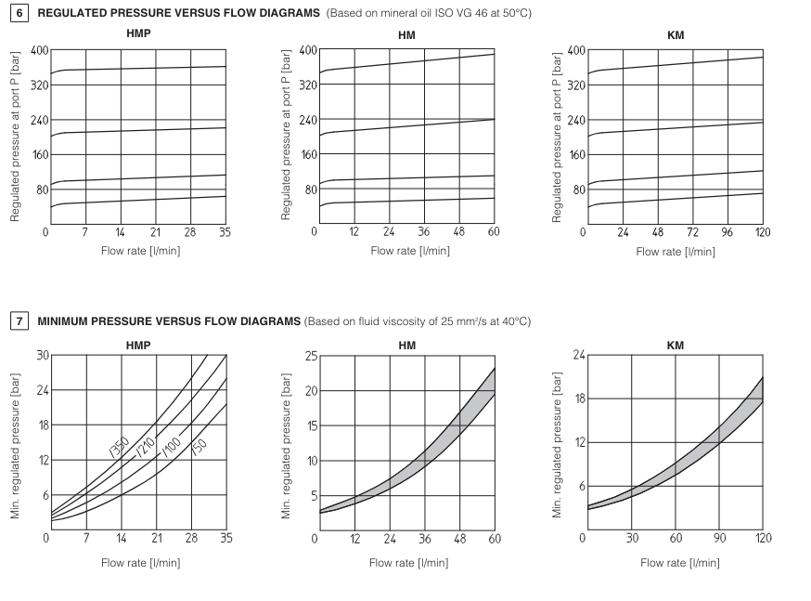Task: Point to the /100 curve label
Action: (x=173, y=446)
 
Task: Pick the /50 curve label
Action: (x=198, y=446)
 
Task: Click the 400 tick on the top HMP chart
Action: (x=39, y=50)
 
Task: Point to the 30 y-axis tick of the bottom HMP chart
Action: (x=42, y=356)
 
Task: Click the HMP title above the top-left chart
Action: (x=137, y=33)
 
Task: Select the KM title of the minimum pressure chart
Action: (x=676, y=345)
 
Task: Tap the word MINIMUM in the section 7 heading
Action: (x=63, y=321)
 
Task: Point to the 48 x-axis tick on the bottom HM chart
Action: (x=460, y=538)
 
